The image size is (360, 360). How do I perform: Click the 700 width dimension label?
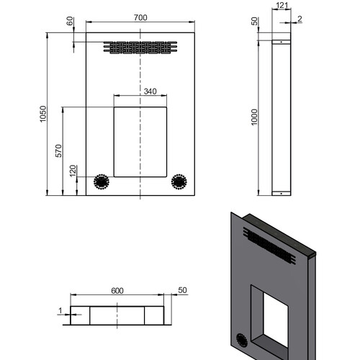click(140, 17)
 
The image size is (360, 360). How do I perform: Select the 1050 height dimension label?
click(43, 114)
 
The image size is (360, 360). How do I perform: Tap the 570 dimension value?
click(58, 150)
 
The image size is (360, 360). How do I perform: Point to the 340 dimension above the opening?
click(150, 91)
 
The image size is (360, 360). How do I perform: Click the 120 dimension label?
click(73, 171)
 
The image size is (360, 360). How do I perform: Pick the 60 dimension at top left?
click(70, 21)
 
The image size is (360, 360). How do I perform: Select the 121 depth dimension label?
click(282, 5)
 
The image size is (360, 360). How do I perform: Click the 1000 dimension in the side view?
click(254, 117)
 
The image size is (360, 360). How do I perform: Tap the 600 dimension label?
click(117, 291)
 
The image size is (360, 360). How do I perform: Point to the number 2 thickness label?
click(300, 19)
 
